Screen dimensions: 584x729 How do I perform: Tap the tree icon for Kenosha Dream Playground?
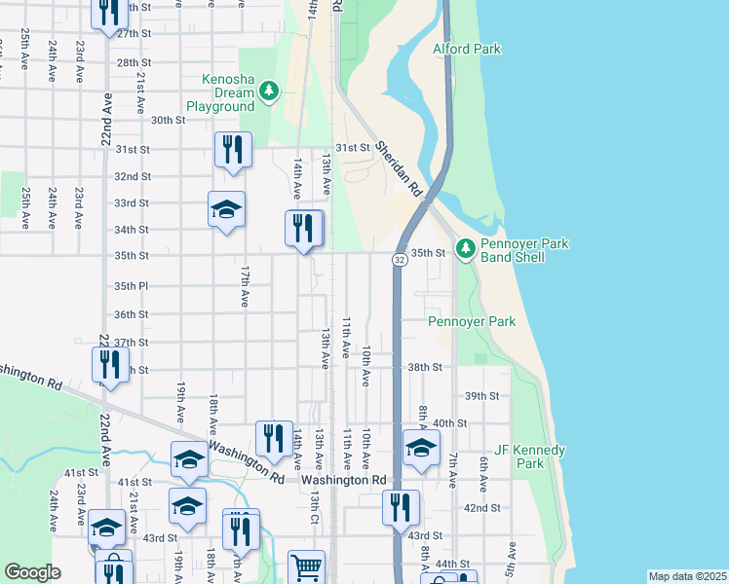269,92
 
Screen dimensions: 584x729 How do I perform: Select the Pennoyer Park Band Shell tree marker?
466,250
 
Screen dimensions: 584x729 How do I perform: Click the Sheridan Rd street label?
400,166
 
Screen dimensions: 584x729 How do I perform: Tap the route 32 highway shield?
400,260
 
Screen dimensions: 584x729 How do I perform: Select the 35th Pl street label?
131,286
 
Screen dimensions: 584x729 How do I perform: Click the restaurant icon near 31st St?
232,150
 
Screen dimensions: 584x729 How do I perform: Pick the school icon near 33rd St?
226,209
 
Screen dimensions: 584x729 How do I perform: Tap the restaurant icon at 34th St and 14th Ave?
303,229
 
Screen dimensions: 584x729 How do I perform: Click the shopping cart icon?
306,567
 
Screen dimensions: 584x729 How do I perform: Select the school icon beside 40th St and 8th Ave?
421,448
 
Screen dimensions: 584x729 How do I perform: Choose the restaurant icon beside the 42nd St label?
400,507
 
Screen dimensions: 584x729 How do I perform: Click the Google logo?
32,572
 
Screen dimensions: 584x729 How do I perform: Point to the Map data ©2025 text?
687,576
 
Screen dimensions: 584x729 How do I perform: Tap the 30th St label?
168,120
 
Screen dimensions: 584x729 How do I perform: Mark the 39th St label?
481,396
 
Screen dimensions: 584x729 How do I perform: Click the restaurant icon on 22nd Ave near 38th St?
109,364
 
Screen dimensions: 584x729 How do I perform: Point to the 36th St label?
131,314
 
